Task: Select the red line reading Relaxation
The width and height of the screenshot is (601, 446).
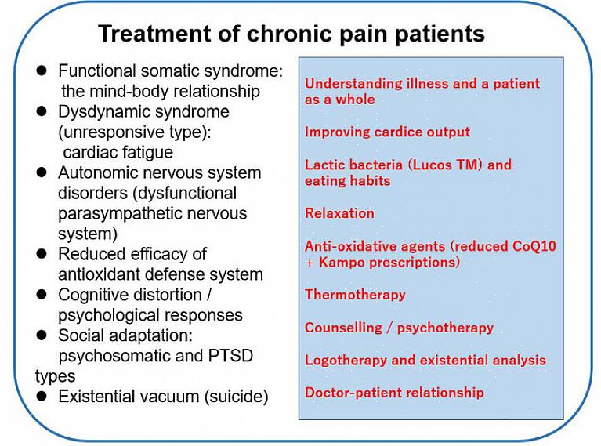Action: click(339, 213)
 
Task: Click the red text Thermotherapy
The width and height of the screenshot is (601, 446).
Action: click(355, 295)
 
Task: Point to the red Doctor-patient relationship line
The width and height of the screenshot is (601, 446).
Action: click(394, 393)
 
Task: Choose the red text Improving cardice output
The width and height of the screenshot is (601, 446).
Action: click(387, 132)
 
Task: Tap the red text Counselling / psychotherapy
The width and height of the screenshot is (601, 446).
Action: click(399, 328)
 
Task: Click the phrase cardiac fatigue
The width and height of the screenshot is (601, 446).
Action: click(118, 152)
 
